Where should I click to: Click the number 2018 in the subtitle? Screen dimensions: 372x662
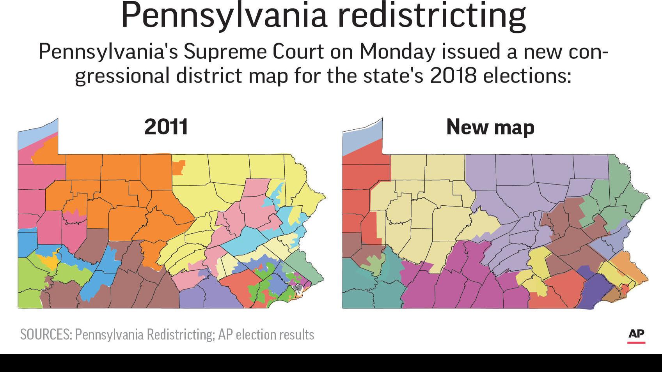[453, 75]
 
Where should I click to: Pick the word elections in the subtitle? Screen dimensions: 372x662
[527, 75]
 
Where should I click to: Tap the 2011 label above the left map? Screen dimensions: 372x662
[166, 127]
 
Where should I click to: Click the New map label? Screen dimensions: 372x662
[490, 127]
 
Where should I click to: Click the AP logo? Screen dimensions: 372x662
[636, 335]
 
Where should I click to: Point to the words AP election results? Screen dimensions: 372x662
[266, 335]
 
